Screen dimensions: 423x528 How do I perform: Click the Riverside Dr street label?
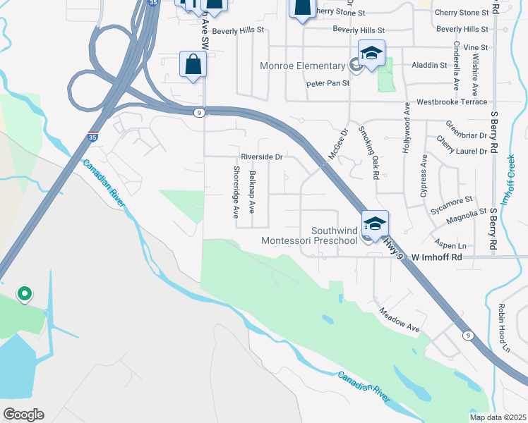click(x=261, y=157)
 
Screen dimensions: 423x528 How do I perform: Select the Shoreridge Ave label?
click(x=236, y=192)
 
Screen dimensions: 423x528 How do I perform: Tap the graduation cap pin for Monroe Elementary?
click(x=372, y=53)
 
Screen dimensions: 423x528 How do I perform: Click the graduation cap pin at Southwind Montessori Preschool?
click(x=375, y=223)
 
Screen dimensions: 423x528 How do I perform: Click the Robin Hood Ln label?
click(x=504, y=328)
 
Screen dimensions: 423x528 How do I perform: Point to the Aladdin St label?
click(x=434, y=65)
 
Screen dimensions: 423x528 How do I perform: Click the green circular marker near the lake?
click(x=24, y=293)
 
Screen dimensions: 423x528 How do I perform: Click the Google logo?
click(x=23, y=414)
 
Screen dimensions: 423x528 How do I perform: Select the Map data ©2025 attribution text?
click(x=497, y=417)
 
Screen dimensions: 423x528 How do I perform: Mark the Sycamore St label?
click(x=453, y=202)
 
